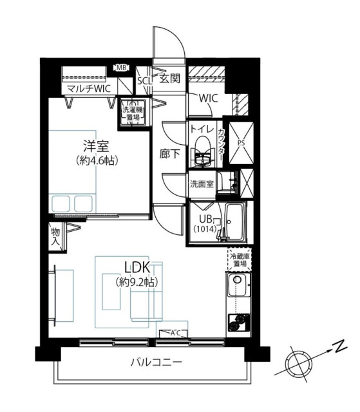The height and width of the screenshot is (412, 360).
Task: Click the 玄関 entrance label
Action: point(169,79)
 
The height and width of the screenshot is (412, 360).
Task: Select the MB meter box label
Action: point(121,67)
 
